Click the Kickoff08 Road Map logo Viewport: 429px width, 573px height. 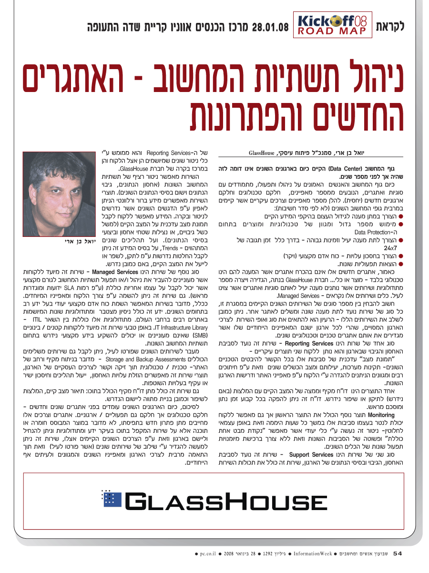click(x=333, y=26)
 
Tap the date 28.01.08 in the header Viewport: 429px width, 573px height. click(x=270, y=26)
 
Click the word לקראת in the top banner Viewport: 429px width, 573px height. click(x=389, y=26)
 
